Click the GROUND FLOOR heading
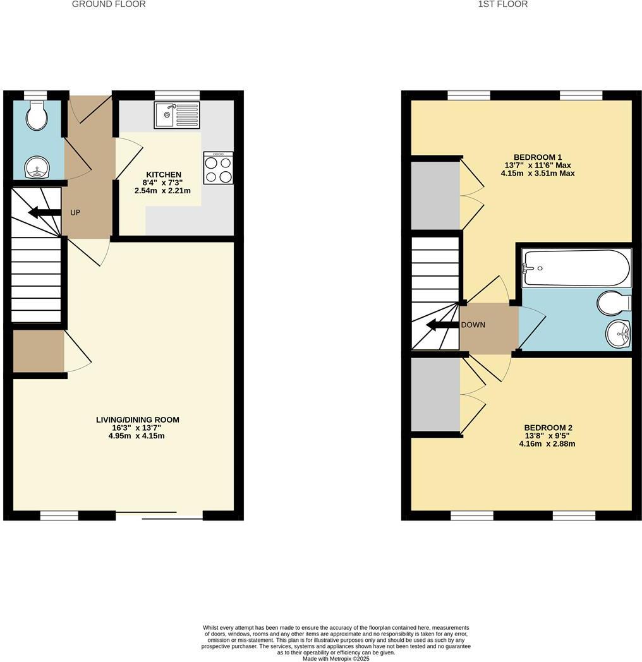[x=109, y=4]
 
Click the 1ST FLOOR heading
[x=502, y=4]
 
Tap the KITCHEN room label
[x=164, y=174]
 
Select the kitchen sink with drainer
[x=176, y=115]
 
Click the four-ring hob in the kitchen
[x=218, y=168]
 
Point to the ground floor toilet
[x=37, y=116]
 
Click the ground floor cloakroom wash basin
[x=37, y=168]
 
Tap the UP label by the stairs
[x=75, y=212]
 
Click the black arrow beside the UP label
[x=43, y=212]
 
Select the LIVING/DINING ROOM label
[x=137, y=419]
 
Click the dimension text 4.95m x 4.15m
[x=137, y=436]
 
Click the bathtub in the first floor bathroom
[x=576, y=268]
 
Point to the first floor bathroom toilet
[x=614, y=303]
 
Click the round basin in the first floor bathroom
[x=617, y=334]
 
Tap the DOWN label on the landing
[x=473, y=325]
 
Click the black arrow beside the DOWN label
[x=442, y=325]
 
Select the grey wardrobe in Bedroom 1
[x=435, y=196]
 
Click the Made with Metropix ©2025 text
[x=336, y=658]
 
